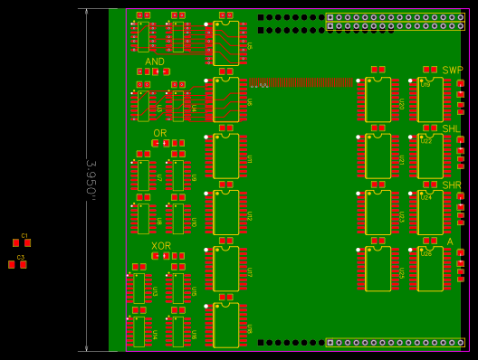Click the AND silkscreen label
[x=155, y=62]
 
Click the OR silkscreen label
[x=159, y=133]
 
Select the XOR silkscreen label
[x=161, y=246]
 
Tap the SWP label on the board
[x=452, y=71]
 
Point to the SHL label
[x=451, y=128]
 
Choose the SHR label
[x=452, y=185]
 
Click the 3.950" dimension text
[x=91, y=179]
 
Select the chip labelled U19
[x=430, y=99]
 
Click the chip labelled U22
[x=430, y=156]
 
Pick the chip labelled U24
[x=430, y=212]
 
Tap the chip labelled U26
[x=430, y=269]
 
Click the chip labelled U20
[x=378, y=99]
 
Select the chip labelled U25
[x=378, y=269]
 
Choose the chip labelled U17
[x=225, y=269]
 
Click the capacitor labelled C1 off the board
[x=22, y=242]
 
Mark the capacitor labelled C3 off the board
[x=17, y=264]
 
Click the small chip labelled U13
[x=139, y=289]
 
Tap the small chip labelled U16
[x=178, y=331]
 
